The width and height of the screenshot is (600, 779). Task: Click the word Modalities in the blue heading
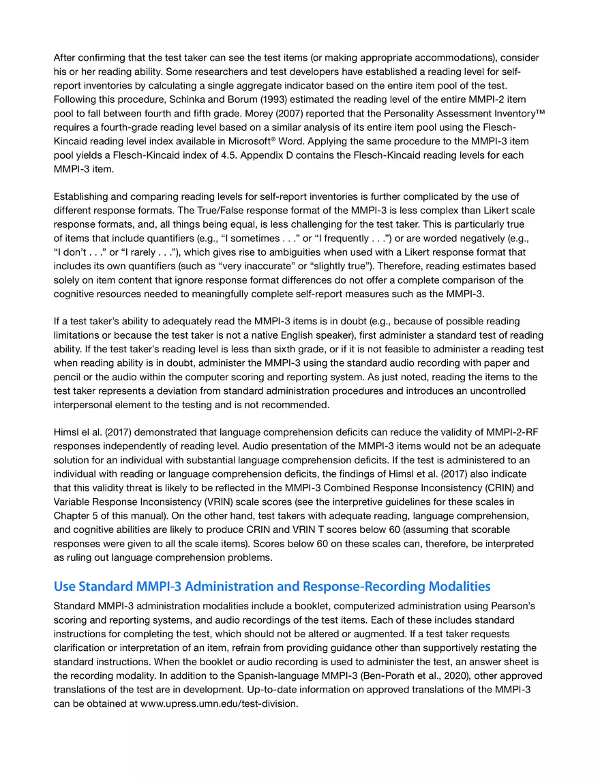(x=453, y=587)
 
